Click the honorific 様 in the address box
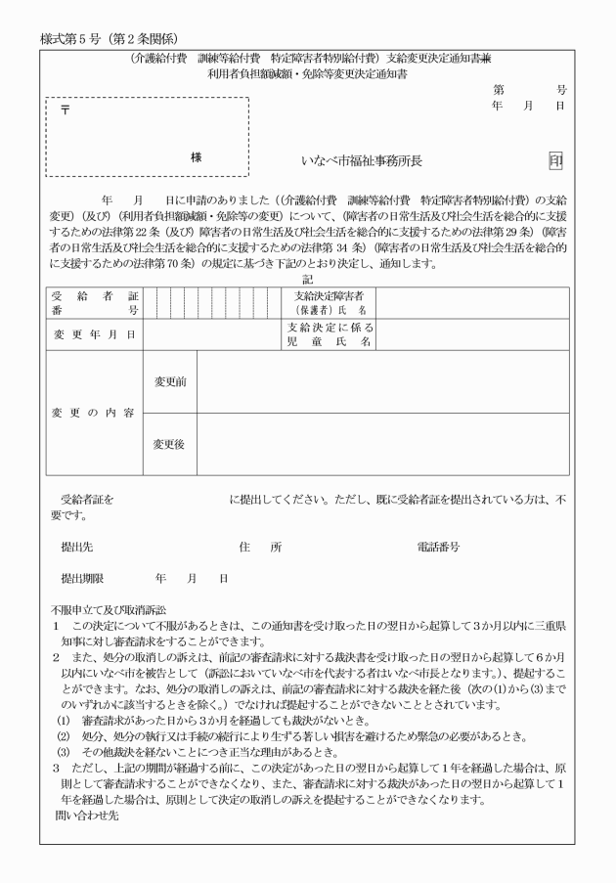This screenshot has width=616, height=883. pos(196,156)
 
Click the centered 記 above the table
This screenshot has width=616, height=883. pos(307,279)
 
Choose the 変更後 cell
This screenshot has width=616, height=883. pos(170,444)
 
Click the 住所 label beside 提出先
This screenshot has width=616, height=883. pos(260,547)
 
